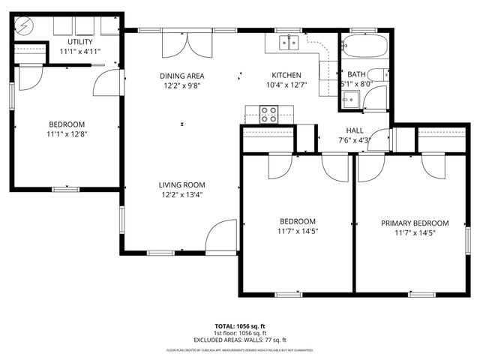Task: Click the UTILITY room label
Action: (x=79, y=41)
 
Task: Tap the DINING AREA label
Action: (x=181, y=76)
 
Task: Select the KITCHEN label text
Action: (x=286, y=76)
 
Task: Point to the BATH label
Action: (x=355, y=74)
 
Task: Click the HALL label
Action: (x=355, y=130)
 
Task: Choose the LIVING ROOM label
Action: (x=181, y=184)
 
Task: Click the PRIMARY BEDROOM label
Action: (x=415, y=223)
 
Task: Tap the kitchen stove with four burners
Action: (x=268, y=115)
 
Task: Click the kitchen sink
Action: (x=288, y=43)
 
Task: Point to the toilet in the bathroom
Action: (x=380, y=74)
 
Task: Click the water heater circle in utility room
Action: (x=23, y=25)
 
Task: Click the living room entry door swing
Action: (x=223, y=236)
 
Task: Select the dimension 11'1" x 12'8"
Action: (x=67, y=135)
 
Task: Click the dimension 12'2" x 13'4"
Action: (x=181, y=195)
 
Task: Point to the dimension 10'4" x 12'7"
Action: (x=286, y=85)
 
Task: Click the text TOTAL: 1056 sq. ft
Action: (x=240, y=326)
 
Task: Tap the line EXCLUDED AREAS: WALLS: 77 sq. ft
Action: (x=240, y=339)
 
